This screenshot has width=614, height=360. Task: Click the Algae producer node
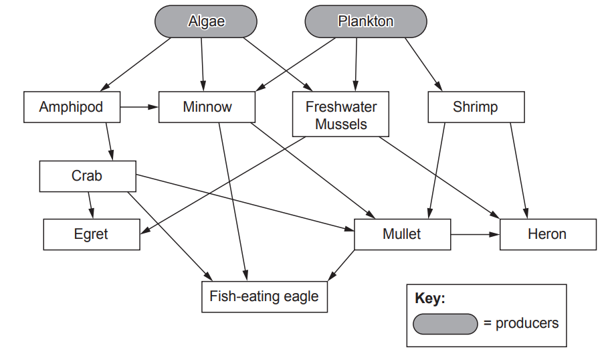pos(207,21)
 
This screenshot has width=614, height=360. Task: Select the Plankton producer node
pos(365,21)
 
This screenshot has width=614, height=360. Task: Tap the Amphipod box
pos(72,107)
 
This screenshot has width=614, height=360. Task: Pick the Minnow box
pos(207,107)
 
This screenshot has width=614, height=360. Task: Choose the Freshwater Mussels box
pos(341,114)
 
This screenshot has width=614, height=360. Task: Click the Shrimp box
pos(475,107)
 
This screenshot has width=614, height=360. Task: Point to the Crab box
pos(87,176)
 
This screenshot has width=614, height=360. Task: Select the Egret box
pos(92,234)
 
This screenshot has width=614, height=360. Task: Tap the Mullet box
pos(402,234)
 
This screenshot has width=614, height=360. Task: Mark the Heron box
pos(547,234)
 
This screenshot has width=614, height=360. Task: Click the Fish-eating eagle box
pos(264,296)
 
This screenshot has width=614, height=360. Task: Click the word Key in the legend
pos(429,298)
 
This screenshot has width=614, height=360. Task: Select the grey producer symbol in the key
pos(445,323)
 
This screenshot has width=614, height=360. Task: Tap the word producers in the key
pos(526,323)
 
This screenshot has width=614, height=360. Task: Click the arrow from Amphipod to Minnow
pos(140,106)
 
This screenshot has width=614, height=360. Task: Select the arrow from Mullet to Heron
pos(474,234)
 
